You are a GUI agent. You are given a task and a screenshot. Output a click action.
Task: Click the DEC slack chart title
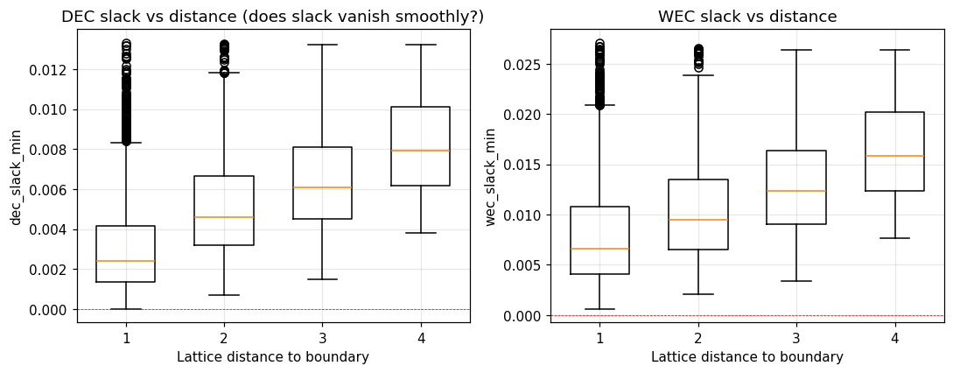pos(272,17)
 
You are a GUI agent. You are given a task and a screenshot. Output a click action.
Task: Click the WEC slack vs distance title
pos(746,17)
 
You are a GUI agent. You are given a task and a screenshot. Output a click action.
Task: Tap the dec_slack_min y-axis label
pos(16,177)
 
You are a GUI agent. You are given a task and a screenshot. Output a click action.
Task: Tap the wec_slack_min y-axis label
pos(490,177)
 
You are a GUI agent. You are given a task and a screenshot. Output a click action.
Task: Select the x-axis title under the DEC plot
pos(272,357)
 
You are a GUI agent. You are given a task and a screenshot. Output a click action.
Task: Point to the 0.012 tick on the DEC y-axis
pos(52,70)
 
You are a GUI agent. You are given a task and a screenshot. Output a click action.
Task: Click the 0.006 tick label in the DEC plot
pos(52,190)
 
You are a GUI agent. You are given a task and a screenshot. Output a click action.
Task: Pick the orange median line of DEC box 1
pos(126,261)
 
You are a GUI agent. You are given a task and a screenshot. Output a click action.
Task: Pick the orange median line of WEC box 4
pos(894,156)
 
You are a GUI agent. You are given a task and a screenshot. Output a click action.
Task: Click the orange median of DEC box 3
pos(322,187)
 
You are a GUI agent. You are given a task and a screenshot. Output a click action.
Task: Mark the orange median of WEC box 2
pos(698,220)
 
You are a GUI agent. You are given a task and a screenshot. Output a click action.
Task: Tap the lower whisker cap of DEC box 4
pos(421,233)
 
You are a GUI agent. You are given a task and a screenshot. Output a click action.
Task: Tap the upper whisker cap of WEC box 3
pos(796,50)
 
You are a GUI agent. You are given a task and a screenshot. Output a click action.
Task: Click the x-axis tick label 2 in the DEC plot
pos(224,338)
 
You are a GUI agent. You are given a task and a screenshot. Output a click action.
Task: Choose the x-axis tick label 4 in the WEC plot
pos(894,338)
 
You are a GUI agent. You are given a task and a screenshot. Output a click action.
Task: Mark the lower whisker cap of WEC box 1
pos(599,309)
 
